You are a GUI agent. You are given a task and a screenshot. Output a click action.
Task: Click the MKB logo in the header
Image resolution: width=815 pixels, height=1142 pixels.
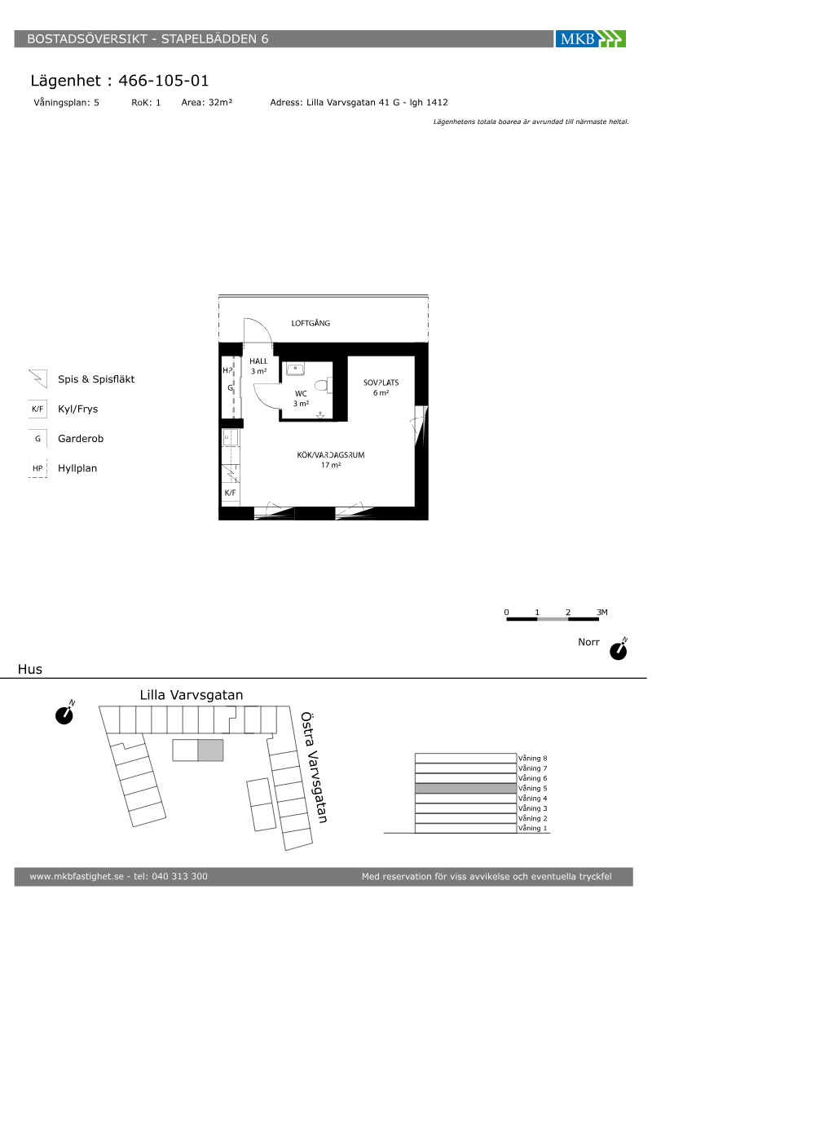coord(590,39)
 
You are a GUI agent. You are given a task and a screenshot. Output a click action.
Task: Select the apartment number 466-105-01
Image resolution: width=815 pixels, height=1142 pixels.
coord(164,81)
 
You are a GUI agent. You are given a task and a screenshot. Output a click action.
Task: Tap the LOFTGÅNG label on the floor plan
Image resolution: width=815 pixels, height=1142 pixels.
coord(311,323)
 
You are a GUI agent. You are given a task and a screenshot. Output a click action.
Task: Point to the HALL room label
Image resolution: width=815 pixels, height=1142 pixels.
coord(258,361)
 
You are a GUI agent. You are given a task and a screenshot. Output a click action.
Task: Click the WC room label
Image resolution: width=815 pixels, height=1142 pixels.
coord(301,393)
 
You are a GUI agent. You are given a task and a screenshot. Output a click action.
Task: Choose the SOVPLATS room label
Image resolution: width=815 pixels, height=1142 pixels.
coord(381,383)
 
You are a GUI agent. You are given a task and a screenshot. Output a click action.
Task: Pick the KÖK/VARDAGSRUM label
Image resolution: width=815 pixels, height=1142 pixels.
coord(331,455)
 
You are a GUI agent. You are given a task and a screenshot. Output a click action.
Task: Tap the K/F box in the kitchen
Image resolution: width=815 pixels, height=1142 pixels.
coord(230,493)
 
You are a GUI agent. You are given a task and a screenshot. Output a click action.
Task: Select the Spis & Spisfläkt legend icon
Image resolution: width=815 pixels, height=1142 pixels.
coord(38,378)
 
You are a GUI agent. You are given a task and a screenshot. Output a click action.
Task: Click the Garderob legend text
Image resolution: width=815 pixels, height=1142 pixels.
coord(81,439)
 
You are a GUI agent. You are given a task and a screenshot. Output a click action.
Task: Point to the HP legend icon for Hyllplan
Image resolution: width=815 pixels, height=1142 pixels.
coord(37,468)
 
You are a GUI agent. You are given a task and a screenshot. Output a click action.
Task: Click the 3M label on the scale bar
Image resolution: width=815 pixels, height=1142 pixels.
coord(602,612)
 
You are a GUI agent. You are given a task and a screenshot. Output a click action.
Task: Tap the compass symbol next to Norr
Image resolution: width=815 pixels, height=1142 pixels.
coord(619,650)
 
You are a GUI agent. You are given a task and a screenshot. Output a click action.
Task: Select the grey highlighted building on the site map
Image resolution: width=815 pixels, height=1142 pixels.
coord(210,750)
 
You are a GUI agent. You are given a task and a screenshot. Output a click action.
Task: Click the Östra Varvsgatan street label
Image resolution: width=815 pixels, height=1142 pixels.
coord(314,768)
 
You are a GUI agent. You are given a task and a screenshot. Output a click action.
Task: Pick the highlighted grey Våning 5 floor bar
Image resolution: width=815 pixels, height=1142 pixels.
coord(465,788)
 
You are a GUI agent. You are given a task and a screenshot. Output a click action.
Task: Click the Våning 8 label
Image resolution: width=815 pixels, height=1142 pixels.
coord(532,758)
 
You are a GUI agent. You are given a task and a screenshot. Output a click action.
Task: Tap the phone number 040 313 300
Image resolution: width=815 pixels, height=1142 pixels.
coord(180,876)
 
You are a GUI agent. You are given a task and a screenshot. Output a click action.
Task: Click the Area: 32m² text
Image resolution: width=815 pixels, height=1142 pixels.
coord(207,103)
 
